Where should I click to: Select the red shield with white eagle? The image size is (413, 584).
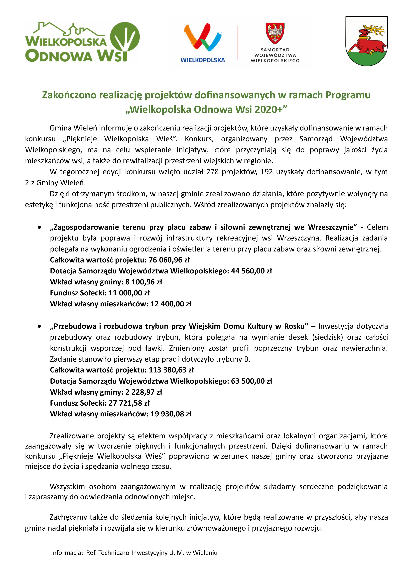(x=275, y=33)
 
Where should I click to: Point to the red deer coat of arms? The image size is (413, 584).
(x=366, y=41)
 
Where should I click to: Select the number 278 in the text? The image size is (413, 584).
(x=212, y=172)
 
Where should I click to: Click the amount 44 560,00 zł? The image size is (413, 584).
(x=251, y=271)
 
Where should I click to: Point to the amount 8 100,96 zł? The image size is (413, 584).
(x=143, y=282)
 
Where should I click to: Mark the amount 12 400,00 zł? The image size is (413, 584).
(x=171, y=304)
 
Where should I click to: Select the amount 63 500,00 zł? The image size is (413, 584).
(x=251, y=381)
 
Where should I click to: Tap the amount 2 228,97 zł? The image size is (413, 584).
(x=143, y=392)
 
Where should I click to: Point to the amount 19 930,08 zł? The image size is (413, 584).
(x=171, y=414)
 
